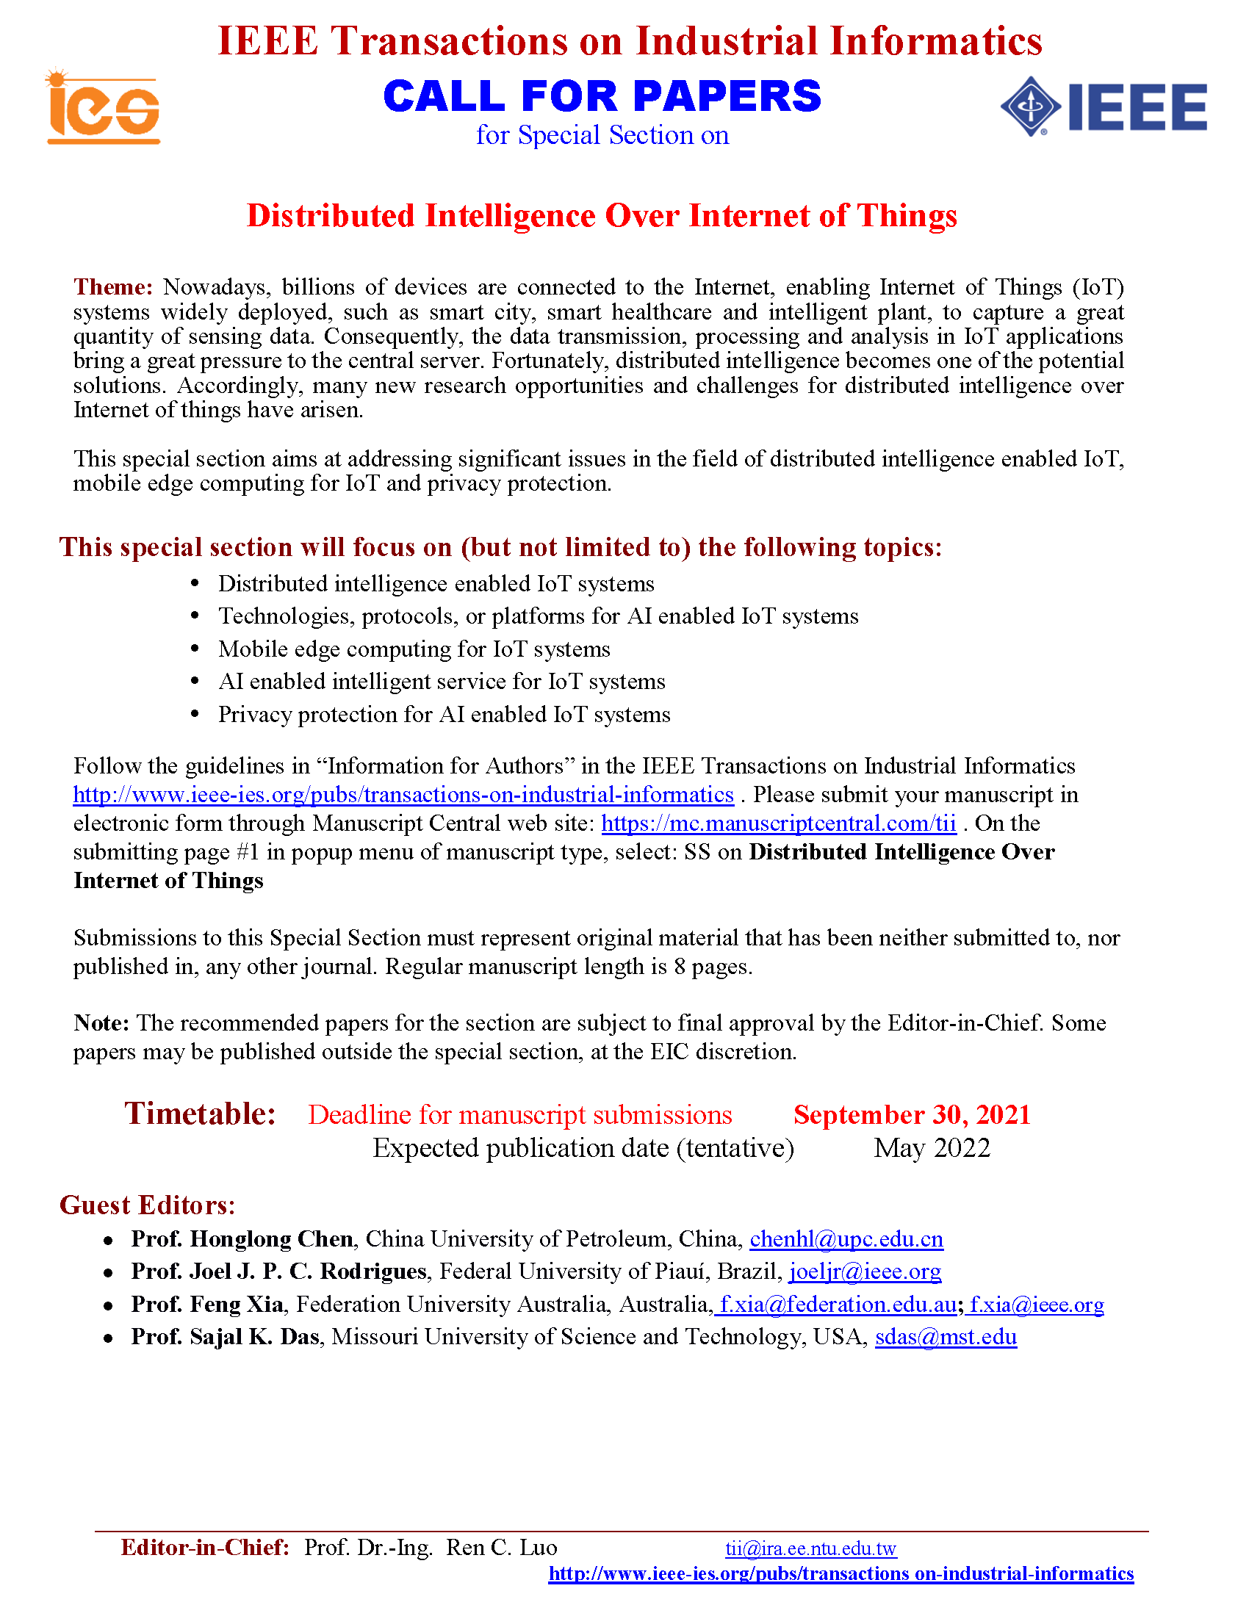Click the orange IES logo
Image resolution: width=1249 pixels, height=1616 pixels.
[103, 107]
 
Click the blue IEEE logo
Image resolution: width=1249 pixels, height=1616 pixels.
[1104, 107]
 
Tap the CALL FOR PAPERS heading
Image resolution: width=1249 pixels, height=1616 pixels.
[602, 96]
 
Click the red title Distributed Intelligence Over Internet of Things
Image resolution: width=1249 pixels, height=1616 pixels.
[602, 216]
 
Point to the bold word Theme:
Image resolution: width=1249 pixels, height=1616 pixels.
[112, 287]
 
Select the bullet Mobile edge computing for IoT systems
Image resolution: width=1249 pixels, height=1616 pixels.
[414, 649]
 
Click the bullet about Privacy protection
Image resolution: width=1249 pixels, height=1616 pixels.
[444, 714]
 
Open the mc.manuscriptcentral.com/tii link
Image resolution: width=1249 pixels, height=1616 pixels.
[778, 823]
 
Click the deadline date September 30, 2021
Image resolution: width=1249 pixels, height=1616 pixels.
[912, 1114]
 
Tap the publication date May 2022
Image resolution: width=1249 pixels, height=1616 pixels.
[932, 1147]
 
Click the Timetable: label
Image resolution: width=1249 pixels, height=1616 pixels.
[200, 1114]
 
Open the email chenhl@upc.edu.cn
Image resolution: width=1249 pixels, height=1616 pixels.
[846, 1238]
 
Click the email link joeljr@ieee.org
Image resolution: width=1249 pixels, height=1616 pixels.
[865, 1271]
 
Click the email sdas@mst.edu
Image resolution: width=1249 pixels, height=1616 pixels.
[946, 1336]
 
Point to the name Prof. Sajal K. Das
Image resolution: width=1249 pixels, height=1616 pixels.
[225, 1336]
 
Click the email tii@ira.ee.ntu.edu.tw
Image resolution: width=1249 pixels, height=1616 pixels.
[810, 1548]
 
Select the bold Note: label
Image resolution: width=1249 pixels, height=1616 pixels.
[101, 1022]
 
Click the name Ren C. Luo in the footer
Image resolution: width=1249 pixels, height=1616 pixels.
[502, 1547]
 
